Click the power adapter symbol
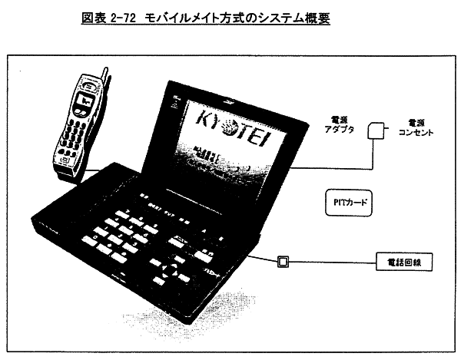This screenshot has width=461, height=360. (x=376, y=131)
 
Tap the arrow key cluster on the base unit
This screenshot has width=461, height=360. (x=181, y=266)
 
